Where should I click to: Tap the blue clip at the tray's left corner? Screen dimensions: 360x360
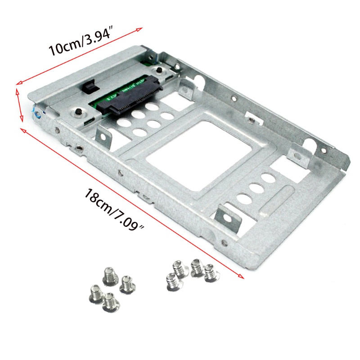[x=36, y=113]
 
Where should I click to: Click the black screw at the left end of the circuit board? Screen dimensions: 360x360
[x=78, y=112]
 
